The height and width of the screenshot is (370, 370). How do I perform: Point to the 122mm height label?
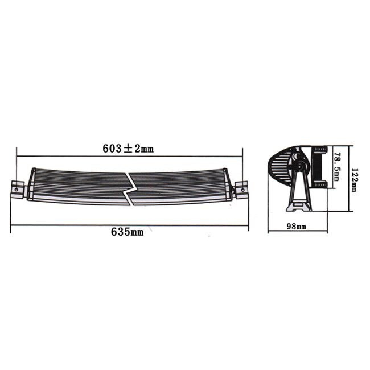click(353, 180)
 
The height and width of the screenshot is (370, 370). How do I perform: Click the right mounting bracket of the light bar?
click(241, 188)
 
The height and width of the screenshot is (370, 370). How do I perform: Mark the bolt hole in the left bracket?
click(18, 186)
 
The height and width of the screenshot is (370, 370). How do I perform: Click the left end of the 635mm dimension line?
click(11, 225)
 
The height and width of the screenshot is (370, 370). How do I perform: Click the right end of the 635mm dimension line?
click(249, 225)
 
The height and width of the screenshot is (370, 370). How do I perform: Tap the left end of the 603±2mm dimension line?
click(17, 155)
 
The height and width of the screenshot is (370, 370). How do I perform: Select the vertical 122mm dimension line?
click(347, 178)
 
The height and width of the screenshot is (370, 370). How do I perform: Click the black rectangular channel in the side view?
click(320, 167)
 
